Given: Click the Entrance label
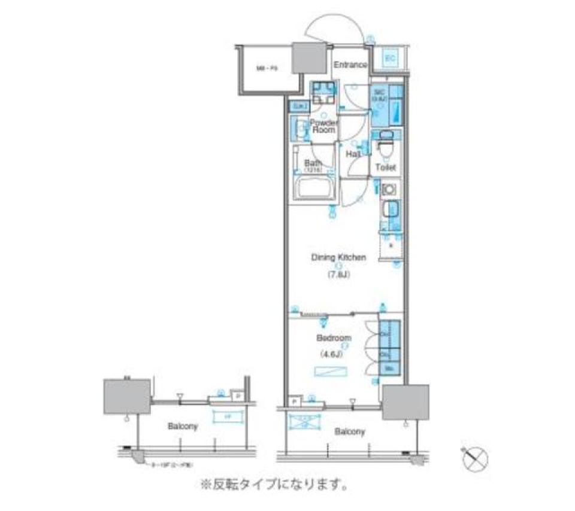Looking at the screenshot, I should click(x=350, y=65).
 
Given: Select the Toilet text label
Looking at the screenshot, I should click(x=385, y=169).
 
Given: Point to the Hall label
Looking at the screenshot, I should click(x=353, y=154).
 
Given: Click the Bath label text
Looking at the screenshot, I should click(x=313, y=163).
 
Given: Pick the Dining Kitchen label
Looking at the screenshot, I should click(x=338, y=258).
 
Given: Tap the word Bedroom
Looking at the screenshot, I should click(x=334, y=338).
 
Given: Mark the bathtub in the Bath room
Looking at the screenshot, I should click(x=314, y=190).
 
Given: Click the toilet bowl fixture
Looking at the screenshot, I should click(x=385, y=145).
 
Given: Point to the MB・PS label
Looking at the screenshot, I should click(x=267, y=69).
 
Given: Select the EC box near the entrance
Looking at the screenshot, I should click(x=390, y=58).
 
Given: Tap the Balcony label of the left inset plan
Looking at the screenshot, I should click(x=183, y=427).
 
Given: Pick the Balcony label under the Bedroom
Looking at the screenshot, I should click(x=350, y=431).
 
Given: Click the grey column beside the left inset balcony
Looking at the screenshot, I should click(x=127, y=397).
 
